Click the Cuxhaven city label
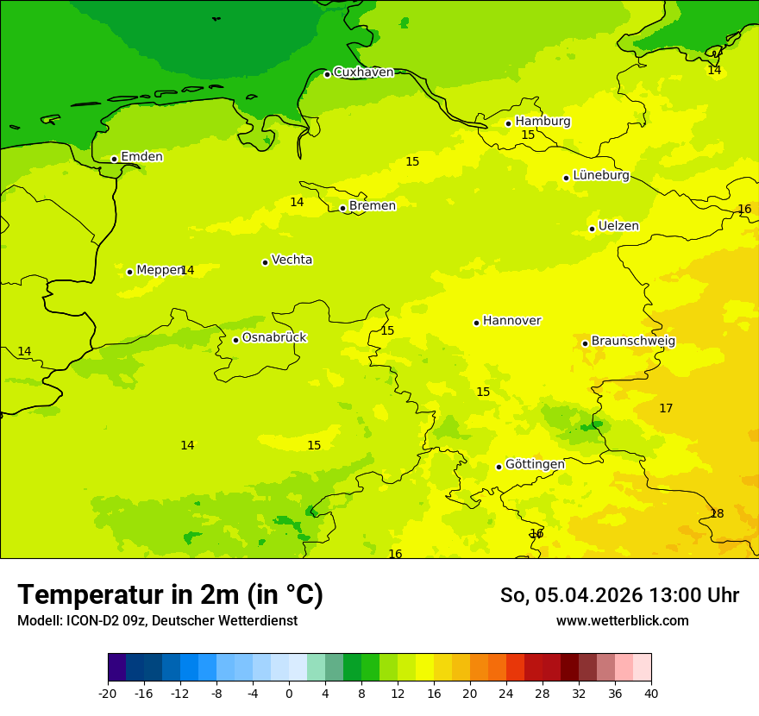click(x=363, y=72)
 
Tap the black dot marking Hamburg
click(x=509, y=123)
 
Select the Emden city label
click(x=141, y=157)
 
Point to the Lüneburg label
click(x=600, y=176)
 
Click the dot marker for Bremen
click(x=342, y=208)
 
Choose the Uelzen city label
click(x=618, y=227)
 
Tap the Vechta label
click(x=292, y=261)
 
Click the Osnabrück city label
click(x=274, y=338)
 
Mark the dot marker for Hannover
click(x=476, y=323)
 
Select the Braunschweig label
click(x=633, y=342)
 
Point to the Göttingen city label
click(x=535, y=465)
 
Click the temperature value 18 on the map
click(x=717, y=514)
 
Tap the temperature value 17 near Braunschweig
click(x=666, y=409)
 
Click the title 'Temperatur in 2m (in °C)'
click(x=170, y=595)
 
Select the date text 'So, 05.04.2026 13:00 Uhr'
click(x=619, y=595)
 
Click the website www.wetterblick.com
click(x=622, y=621)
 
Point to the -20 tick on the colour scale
click(x=108, y=694)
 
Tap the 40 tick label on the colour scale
click(x=651, y=694)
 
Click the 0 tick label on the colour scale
click(x=289, y=694)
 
